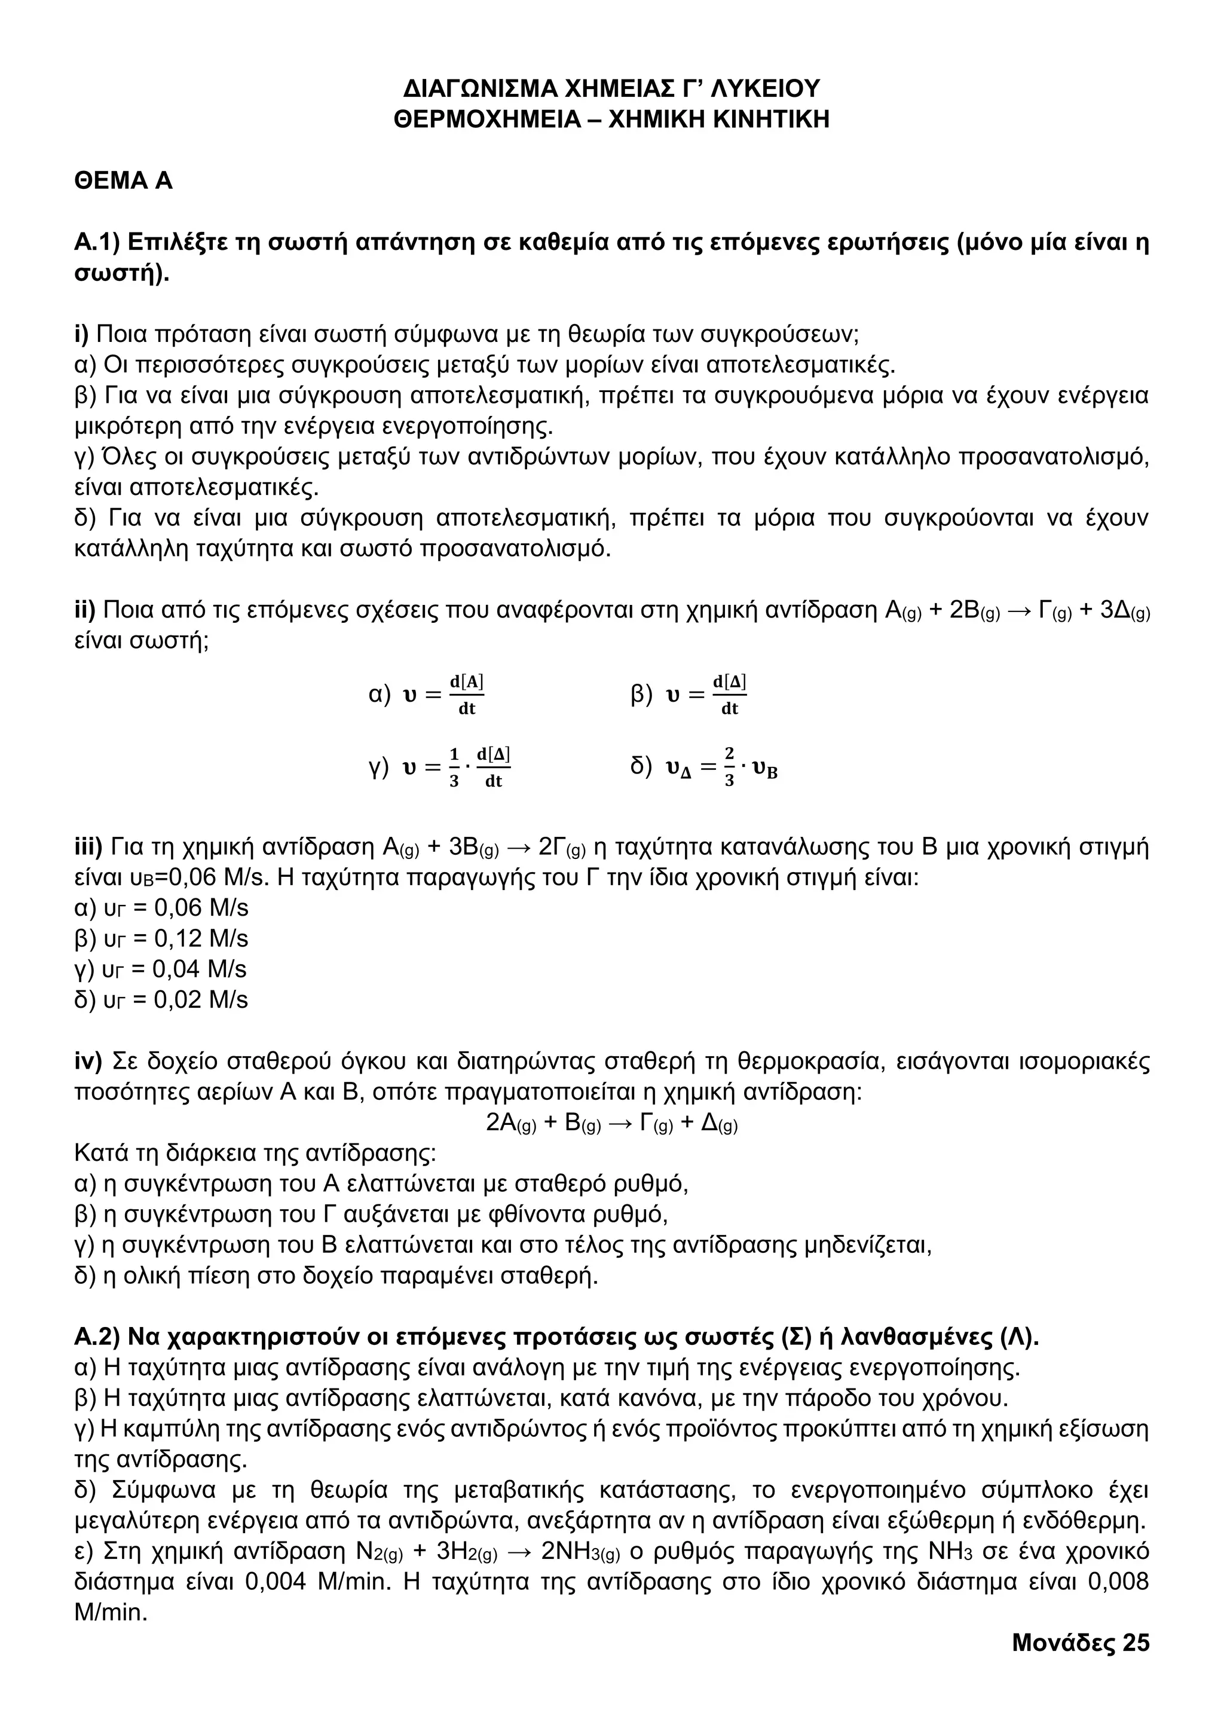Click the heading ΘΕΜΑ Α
click(x=124, y=181)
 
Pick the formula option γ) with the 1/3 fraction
click(x=440, y=767)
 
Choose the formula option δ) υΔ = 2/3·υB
click(x=704, y=767)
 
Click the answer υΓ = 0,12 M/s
click(x=161, y=938)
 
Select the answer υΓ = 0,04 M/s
click(x=161, y=970)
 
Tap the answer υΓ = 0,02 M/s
click(x=161, y=1001)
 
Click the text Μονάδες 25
click(x=1080, y=1643)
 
